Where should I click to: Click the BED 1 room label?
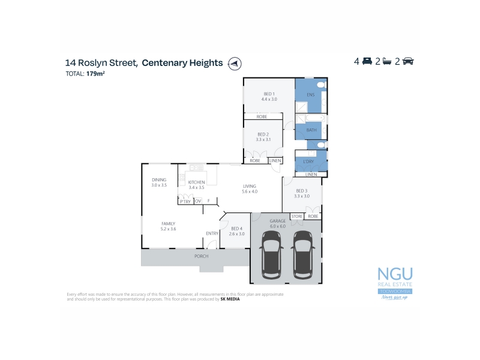click(269, 94)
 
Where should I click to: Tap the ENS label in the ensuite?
click(310, 95)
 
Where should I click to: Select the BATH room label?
click(311, 130)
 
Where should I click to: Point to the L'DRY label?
click(309, 161)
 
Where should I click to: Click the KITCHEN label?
click(196, 182)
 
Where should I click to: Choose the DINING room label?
click(159, 179)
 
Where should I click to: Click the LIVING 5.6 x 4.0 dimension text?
click(250, 191)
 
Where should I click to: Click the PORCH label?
click(201, 256)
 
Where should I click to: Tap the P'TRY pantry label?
click(185, 201)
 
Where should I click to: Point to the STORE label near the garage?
click(297, 215)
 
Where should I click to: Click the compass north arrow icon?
click(235, 63)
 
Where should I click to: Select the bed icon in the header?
click(367, 62)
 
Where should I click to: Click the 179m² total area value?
click(96, 74)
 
